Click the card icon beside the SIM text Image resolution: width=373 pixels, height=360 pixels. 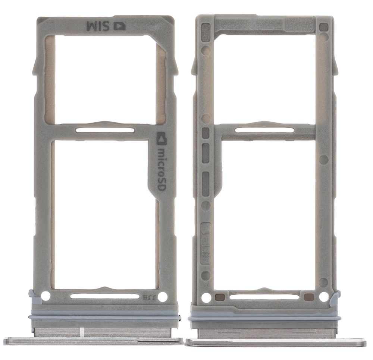pos(120,26)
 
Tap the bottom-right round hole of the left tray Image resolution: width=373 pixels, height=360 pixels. pos(163,297)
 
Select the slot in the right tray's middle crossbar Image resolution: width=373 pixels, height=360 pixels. pos(263,129)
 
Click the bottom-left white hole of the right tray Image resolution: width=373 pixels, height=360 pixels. pos(204,297)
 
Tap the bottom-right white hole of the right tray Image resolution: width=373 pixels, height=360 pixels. pos(323,297)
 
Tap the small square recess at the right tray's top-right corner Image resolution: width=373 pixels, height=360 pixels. pos(323,27)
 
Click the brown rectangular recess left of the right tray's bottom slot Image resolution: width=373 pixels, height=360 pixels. pos(220,297)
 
